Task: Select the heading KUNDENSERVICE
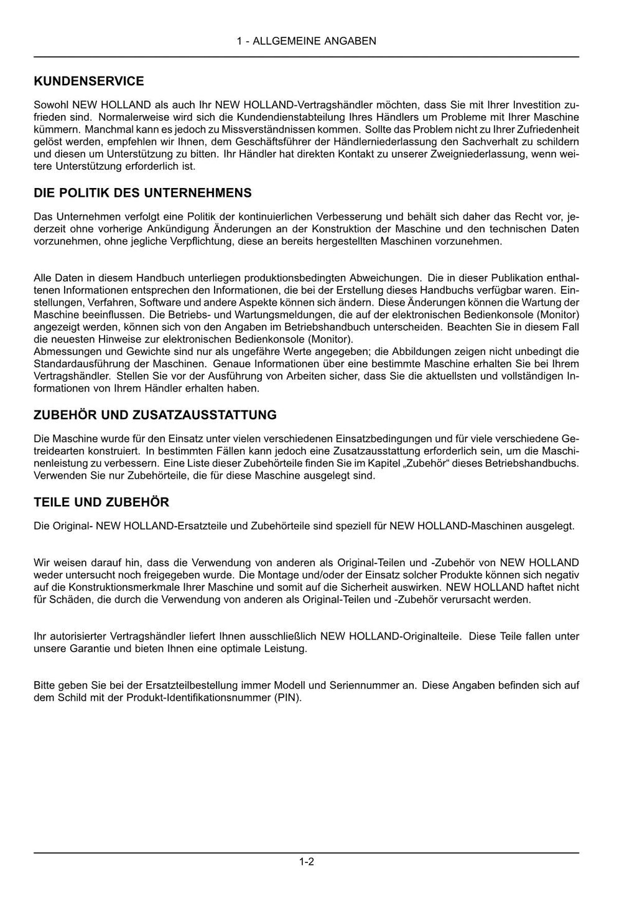[x=89, y=81]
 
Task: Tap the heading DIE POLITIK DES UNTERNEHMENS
[x=142, y=193]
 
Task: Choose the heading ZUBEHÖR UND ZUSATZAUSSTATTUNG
[x=155, y=415]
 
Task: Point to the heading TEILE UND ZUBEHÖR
[x=101, y=502]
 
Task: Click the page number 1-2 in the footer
[x=306, y=862]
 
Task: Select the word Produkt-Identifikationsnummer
[x=198, y=697]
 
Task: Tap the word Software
[x=159, y=302]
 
